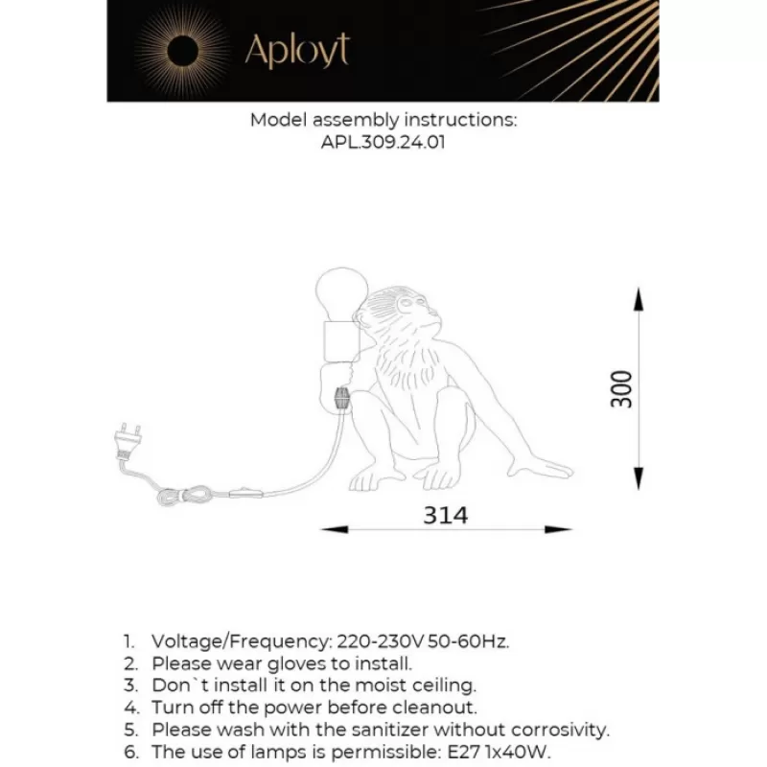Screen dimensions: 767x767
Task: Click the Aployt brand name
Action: [297, 50]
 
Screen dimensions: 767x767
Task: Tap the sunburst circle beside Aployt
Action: [182, 50]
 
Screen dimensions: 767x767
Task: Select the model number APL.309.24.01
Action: [383, 142]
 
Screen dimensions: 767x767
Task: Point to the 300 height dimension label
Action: [623, 388]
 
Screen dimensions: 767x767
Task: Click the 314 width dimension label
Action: [446, 516]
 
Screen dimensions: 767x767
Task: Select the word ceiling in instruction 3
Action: [445, 686]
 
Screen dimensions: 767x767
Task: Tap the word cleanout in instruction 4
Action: [438, 708]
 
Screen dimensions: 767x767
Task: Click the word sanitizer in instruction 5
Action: [394, 730]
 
